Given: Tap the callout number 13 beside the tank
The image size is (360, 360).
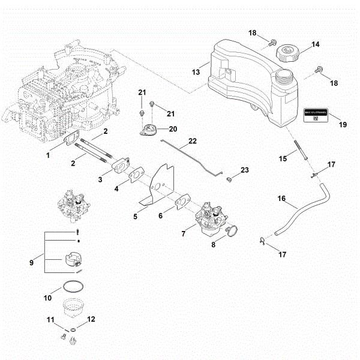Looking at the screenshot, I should pos(196,72).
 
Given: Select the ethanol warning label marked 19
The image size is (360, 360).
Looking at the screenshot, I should pos(316,114).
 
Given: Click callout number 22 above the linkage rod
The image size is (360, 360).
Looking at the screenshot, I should pos(192,141).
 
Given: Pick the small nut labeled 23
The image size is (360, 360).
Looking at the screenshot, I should pos(229,179).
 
